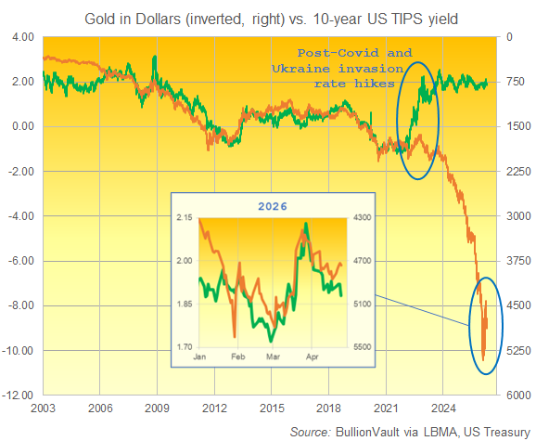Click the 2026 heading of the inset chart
[272, 205]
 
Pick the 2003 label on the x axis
[43, 408]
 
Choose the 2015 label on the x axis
[272, 408]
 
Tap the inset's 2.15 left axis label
[185, 217]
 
